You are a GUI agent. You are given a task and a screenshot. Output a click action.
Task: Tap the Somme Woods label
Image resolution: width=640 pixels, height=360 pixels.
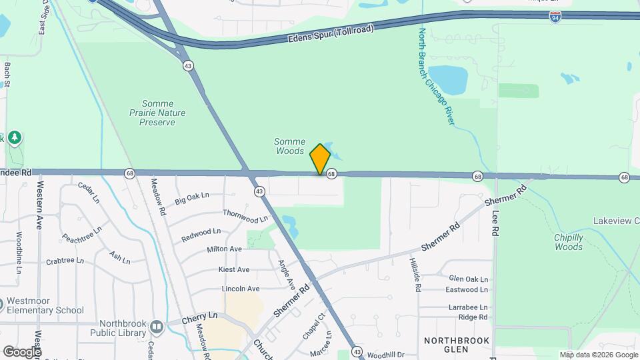[x=290, y=147]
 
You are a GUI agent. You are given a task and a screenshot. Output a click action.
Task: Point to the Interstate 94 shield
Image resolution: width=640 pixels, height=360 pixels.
[x=555, y=17]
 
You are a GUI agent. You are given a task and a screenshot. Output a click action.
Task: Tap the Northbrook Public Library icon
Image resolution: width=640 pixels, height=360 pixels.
[x=157, y=327]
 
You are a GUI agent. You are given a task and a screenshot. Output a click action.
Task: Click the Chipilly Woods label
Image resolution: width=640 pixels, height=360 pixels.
[x=569, y=242]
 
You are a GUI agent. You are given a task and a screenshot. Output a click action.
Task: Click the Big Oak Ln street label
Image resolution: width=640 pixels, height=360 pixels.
[x=192, y=199]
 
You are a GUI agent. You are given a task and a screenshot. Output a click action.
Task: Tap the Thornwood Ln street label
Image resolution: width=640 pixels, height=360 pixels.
[x=245, y=216]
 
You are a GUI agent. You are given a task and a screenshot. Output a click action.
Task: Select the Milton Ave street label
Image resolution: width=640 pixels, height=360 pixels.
[x=224, y=249]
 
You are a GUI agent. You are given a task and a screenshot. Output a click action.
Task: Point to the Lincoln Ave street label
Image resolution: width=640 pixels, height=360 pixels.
[x=240, y=289]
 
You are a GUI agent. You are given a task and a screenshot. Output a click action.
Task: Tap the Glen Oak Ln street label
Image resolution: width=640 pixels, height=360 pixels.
[x=468, y=279]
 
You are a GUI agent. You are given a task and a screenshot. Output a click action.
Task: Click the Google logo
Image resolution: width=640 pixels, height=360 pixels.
[x=21, y=352]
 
